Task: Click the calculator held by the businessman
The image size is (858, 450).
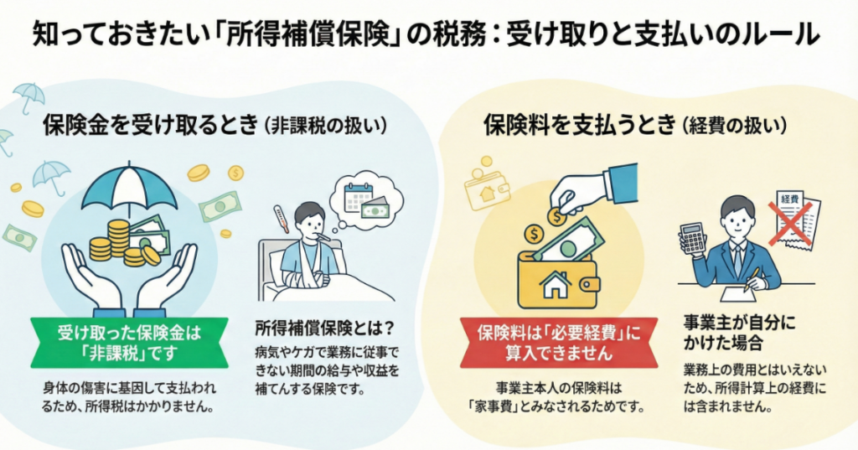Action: click(693, 238)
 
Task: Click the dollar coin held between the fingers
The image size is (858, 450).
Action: click(556, 216)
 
